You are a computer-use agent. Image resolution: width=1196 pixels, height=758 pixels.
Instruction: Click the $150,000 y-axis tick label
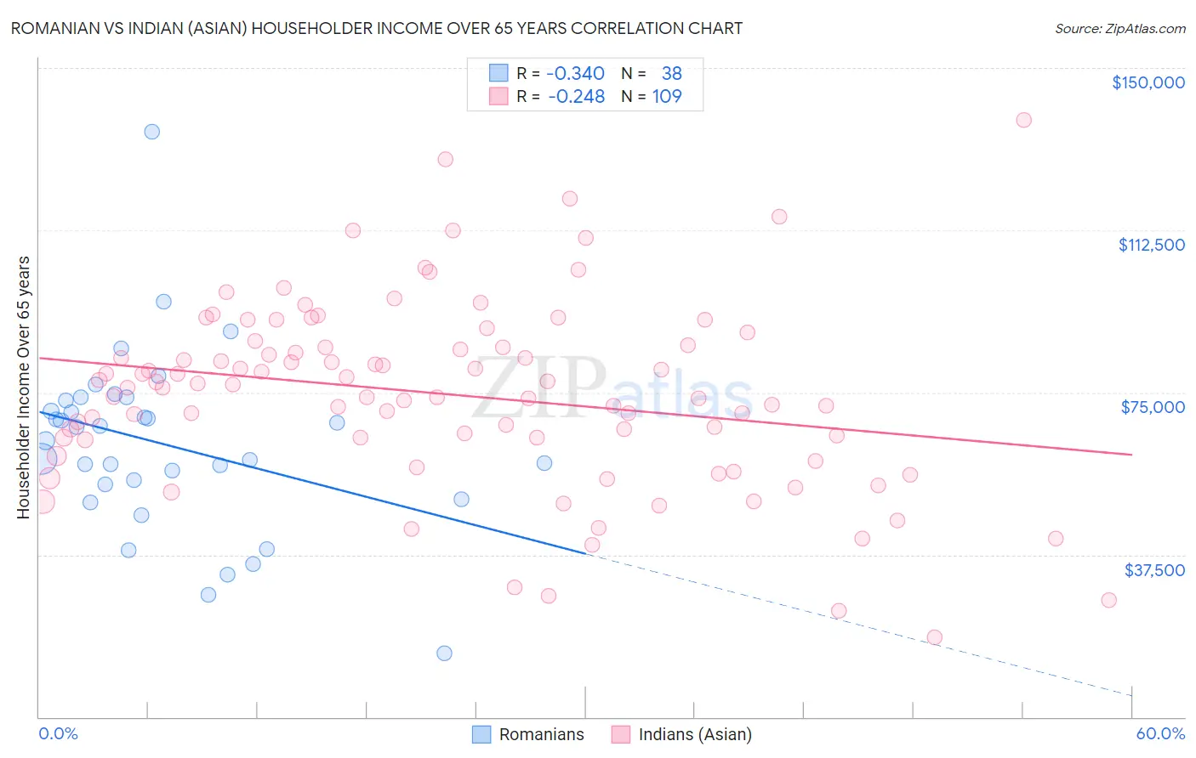coord(1148,82)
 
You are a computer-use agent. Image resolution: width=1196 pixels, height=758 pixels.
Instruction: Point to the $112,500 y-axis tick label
coord(1151,245)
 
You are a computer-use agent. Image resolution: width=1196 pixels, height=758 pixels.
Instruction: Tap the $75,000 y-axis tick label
coord(1153,407)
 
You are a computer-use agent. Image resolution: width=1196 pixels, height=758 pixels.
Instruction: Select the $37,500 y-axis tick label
coord(1153,570)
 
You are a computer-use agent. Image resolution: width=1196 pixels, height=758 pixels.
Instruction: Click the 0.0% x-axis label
coord(58,733)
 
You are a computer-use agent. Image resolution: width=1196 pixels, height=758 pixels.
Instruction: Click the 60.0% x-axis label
coord(1160,733)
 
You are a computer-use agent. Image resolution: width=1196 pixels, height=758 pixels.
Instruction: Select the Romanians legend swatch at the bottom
coord(481,734)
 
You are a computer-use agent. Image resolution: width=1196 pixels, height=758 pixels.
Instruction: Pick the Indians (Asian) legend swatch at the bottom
coord(621,734)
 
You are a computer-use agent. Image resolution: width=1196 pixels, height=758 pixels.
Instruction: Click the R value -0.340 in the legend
coord(575,74)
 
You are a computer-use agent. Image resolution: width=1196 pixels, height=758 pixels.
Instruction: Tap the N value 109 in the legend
coord(667,97)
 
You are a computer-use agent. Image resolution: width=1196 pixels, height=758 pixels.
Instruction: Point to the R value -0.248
coord(576,97)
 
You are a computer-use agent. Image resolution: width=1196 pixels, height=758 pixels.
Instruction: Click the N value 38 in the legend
coord(671,74)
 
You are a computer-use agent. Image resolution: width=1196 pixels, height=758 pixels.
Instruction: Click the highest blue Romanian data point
coord(151,132)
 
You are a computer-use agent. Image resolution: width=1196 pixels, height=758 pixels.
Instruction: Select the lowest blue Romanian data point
coord(444,653)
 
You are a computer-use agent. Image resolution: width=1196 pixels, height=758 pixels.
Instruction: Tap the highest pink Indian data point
coord(1023,120)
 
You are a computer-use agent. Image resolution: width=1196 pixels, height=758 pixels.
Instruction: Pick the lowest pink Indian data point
coord(934,637)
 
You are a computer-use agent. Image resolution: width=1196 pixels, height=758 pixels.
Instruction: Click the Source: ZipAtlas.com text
coord(1119,29)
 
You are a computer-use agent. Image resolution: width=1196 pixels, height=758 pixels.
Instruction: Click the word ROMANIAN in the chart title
coord(53,29)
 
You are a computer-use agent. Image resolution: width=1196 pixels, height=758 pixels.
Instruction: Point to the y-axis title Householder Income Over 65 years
coord(24,387)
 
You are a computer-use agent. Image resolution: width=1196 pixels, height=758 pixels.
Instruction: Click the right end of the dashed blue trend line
coord(1131,695)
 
